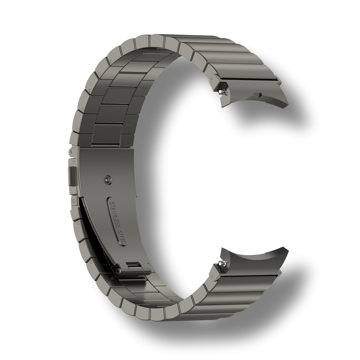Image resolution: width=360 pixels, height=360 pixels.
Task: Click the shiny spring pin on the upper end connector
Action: [222, 92]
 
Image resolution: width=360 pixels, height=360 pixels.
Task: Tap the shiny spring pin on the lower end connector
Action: [222, 263]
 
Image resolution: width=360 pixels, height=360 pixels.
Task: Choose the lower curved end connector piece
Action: [250, 259]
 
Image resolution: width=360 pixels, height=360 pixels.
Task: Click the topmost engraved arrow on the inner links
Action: [144, 88]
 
